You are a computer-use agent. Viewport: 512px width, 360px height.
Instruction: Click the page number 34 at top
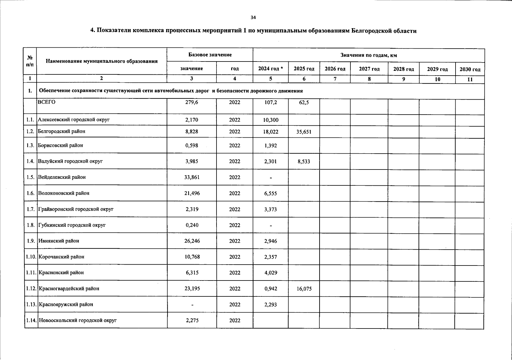(253, 17)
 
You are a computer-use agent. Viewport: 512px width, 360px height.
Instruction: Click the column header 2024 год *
(271, 69)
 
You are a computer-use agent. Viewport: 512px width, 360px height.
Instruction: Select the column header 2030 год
(470, 69)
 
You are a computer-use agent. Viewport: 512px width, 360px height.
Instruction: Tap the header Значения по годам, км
(368, 55)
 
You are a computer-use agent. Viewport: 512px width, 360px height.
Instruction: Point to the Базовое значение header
(210, 55)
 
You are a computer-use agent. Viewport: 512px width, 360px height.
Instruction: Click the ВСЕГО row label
(47, 102)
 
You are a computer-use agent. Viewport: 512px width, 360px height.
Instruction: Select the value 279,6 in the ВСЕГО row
(192, 102)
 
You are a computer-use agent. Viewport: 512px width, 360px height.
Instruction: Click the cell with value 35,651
(304, 132)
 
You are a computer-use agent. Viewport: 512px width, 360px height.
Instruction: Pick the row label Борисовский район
(60, 145)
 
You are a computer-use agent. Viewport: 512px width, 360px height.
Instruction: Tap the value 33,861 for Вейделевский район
(192, 177)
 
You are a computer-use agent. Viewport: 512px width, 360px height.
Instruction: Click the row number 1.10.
(31, 257)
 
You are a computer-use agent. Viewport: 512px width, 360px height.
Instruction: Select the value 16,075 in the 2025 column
(304, 289)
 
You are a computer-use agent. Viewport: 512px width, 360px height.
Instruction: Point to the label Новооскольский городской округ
(77, 320)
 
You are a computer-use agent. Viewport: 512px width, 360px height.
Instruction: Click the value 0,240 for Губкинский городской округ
(192, 225)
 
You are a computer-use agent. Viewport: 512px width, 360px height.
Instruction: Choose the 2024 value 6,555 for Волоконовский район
(271, 193)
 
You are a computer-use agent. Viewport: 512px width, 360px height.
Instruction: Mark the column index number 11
(470, 79)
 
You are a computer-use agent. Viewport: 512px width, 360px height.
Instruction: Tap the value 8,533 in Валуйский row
(304, 162)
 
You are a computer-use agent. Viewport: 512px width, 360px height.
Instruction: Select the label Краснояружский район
(66, 304)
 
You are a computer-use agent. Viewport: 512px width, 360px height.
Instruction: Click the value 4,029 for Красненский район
(271, 273)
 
